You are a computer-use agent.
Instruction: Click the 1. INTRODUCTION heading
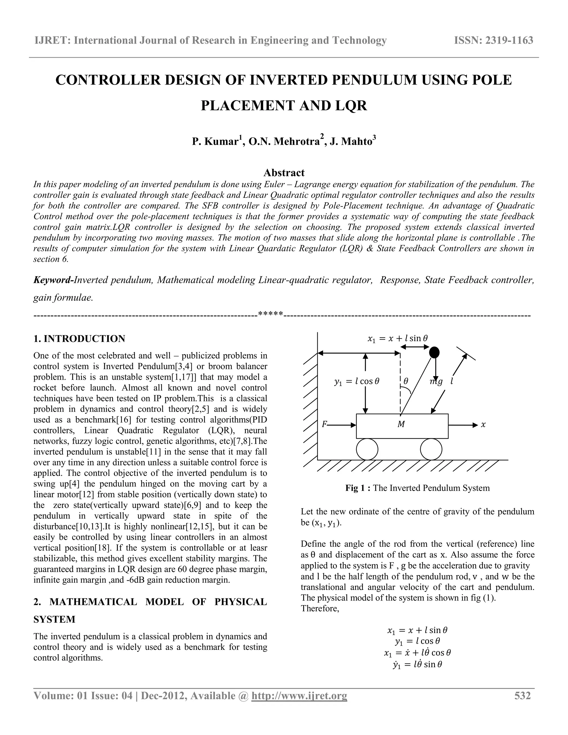click(x=79, y=339)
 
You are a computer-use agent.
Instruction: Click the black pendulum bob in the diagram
click(x=434, y=352)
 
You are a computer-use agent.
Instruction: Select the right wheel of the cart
click(x=431, y=449)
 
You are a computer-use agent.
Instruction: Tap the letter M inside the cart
click(x=401, y=425)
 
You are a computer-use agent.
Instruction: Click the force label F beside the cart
click(x=324, y=425)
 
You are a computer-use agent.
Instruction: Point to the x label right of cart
click(x=483, y=425)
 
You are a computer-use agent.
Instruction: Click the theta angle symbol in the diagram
click(x=406, y=381)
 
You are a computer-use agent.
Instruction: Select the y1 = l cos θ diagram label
click(x=357, y=381)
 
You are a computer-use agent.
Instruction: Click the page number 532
click(x=522, y=696)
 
